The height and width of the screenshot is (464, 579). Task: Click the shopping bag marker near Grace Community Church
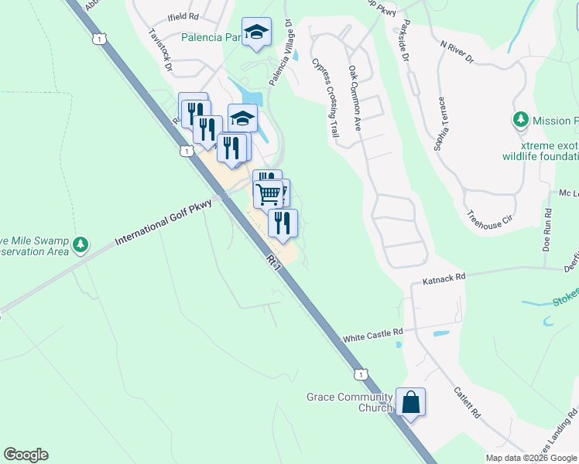click(410, 402)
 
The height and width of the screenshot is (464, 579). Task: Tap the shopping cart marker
click(269, 194)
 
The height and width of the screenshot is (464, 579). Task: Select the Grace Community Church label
click(349, 402)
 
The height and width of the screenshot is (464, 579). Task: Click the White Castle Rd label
click(374, 335)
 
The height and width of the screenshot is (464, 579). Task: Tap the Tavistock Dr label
click(161, 53)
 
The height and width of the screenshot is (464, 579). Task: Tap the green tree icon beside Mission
click(521, 121)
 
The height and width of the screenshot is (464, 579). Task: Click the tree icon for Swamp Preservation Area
click(81, 245)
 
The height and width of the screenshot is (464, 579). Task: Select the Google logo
click(26, 455)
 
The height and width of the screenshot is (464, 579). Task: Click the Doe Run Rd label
click(547, 231)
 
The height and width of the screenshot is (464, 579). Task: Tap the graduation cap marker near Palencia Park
click(256, 32)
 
